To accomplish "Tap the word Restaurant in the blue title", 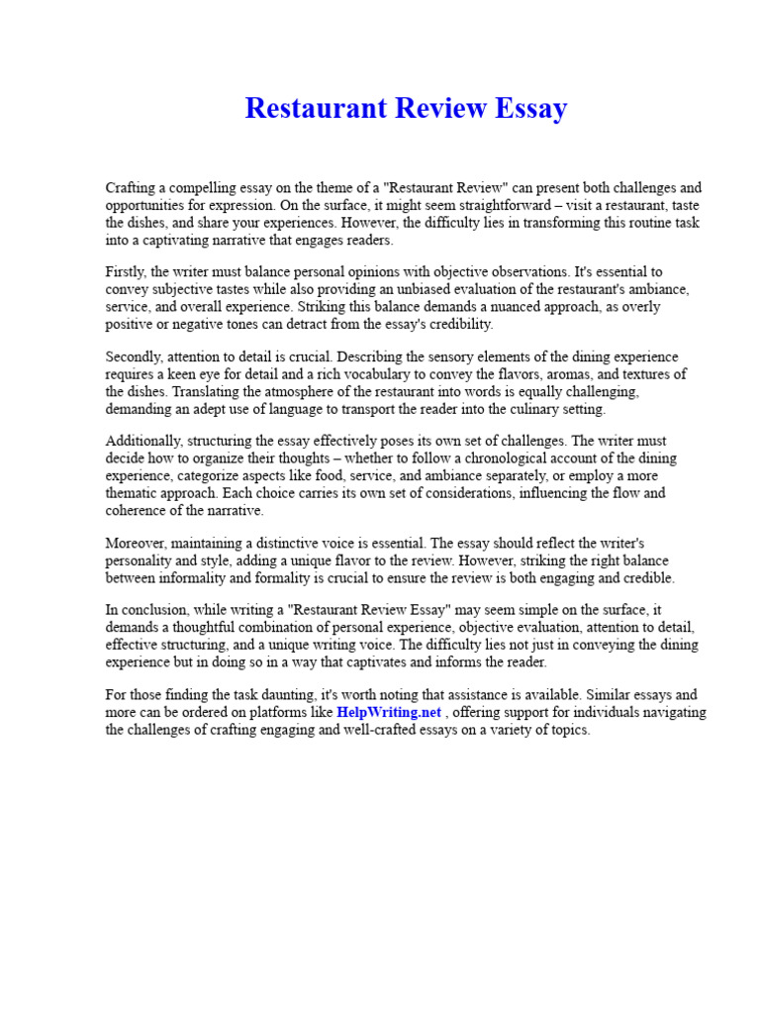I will click(x=313, y=108).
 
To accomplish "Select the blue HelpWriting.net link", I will click(x=388, y=712).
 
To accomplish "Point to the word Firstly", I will click(x=128, y=271).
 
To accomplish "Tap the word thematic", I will click(x=135, y=492).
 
